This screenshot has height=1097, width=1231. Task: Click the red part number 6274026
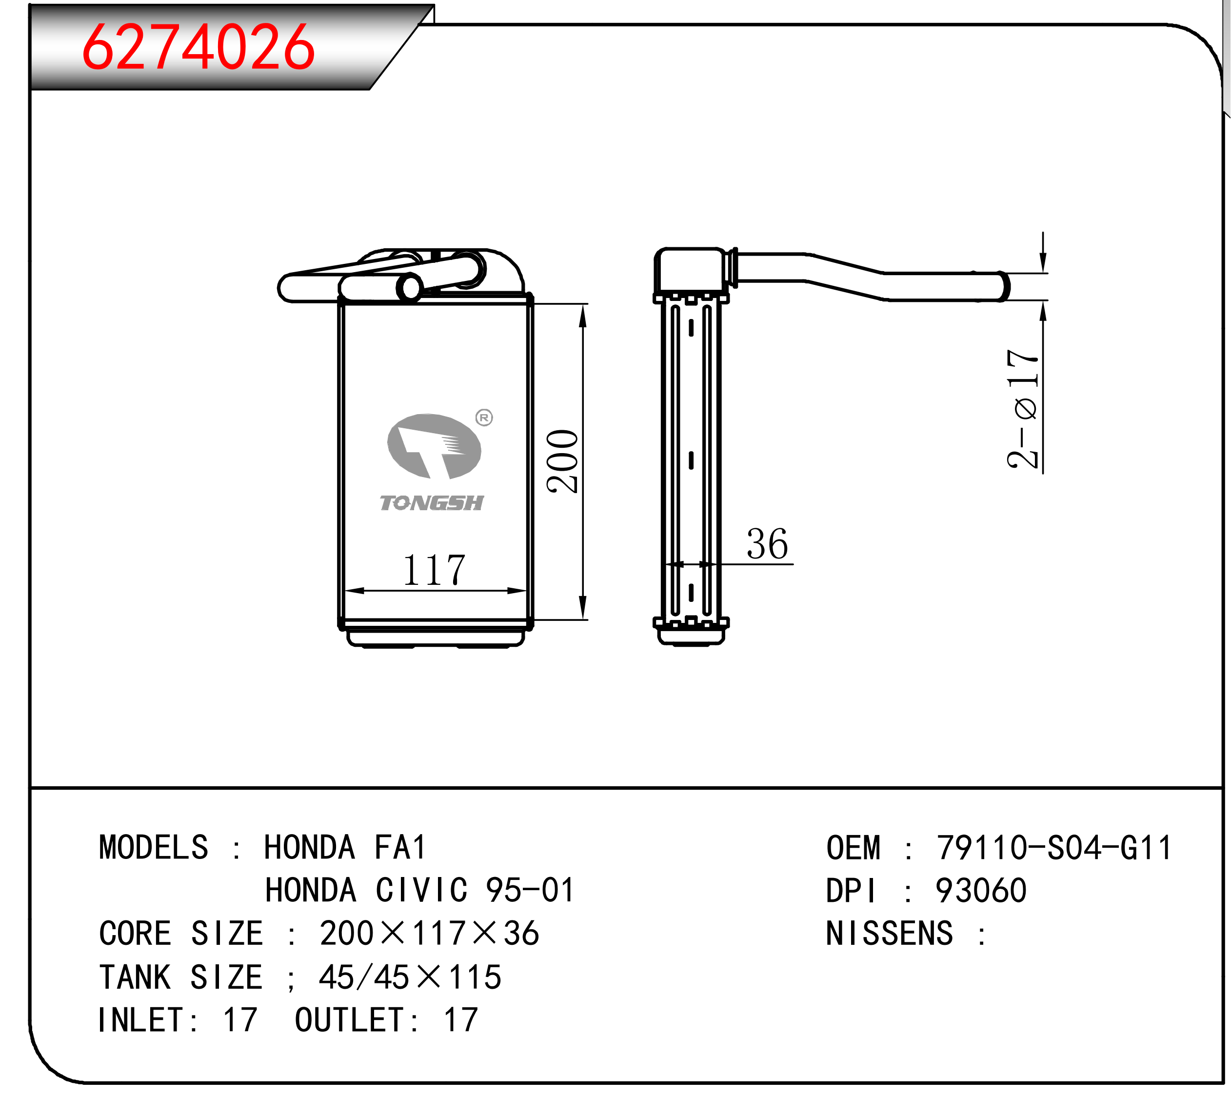point(198,47)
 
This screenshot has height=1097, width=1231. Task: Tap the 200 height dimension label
point(563,462)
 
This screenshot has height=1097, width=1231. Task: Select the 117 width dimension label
point(434,570)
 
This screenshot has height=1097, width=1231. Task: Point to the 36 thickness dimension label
point(767,544)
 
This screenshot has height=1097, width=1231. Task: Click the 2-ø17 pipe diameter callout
point(1023,409)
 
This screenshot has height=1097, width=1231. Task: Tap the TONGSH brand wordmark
point(432,503)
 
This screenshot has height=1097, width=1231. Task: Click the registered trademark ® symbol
point(484,417)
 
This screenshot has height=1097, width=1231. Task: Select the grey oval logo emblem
point(434,446)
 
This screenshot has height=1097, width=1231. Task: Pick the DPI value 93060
point(981,891)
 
